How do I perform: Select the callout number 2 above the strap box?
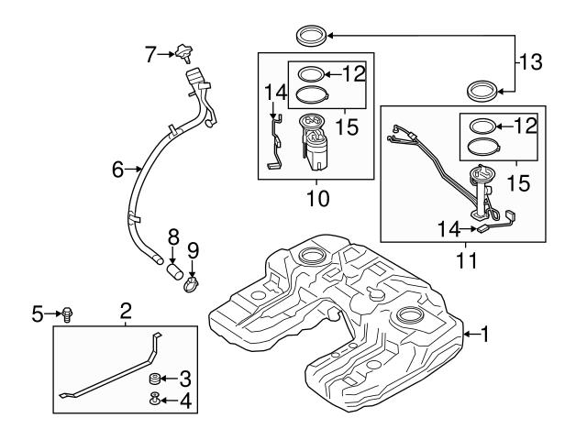pyautogui.click(x=126, y=312)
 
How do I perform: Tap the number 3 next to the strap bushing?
pyautogui.click(x=185, y=378)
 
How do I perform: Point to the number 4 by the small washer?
pyautogui.click(x=185, y=401)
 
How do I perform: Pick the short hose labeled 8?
pyautogui.click(x=175, y=268)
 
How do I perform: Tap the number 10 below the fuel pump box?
pyautogui.click(x=316, y=197)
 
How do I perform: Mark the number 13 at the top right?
pyautogui.click(x=531, y=63)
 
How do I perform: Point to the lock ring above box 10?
pyautogui.click(x=310, y=37)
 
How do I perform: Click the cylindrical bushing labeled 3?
pyautogui.click(x=156, y=378)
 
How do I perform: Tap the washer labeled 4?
pyautogui.click(x=156, y=399)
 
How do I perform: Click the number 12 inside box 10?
pyautogui.click(x=354, y=72)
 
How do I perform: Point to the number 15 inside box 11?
pyautogui.click(x=518, y=183)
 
